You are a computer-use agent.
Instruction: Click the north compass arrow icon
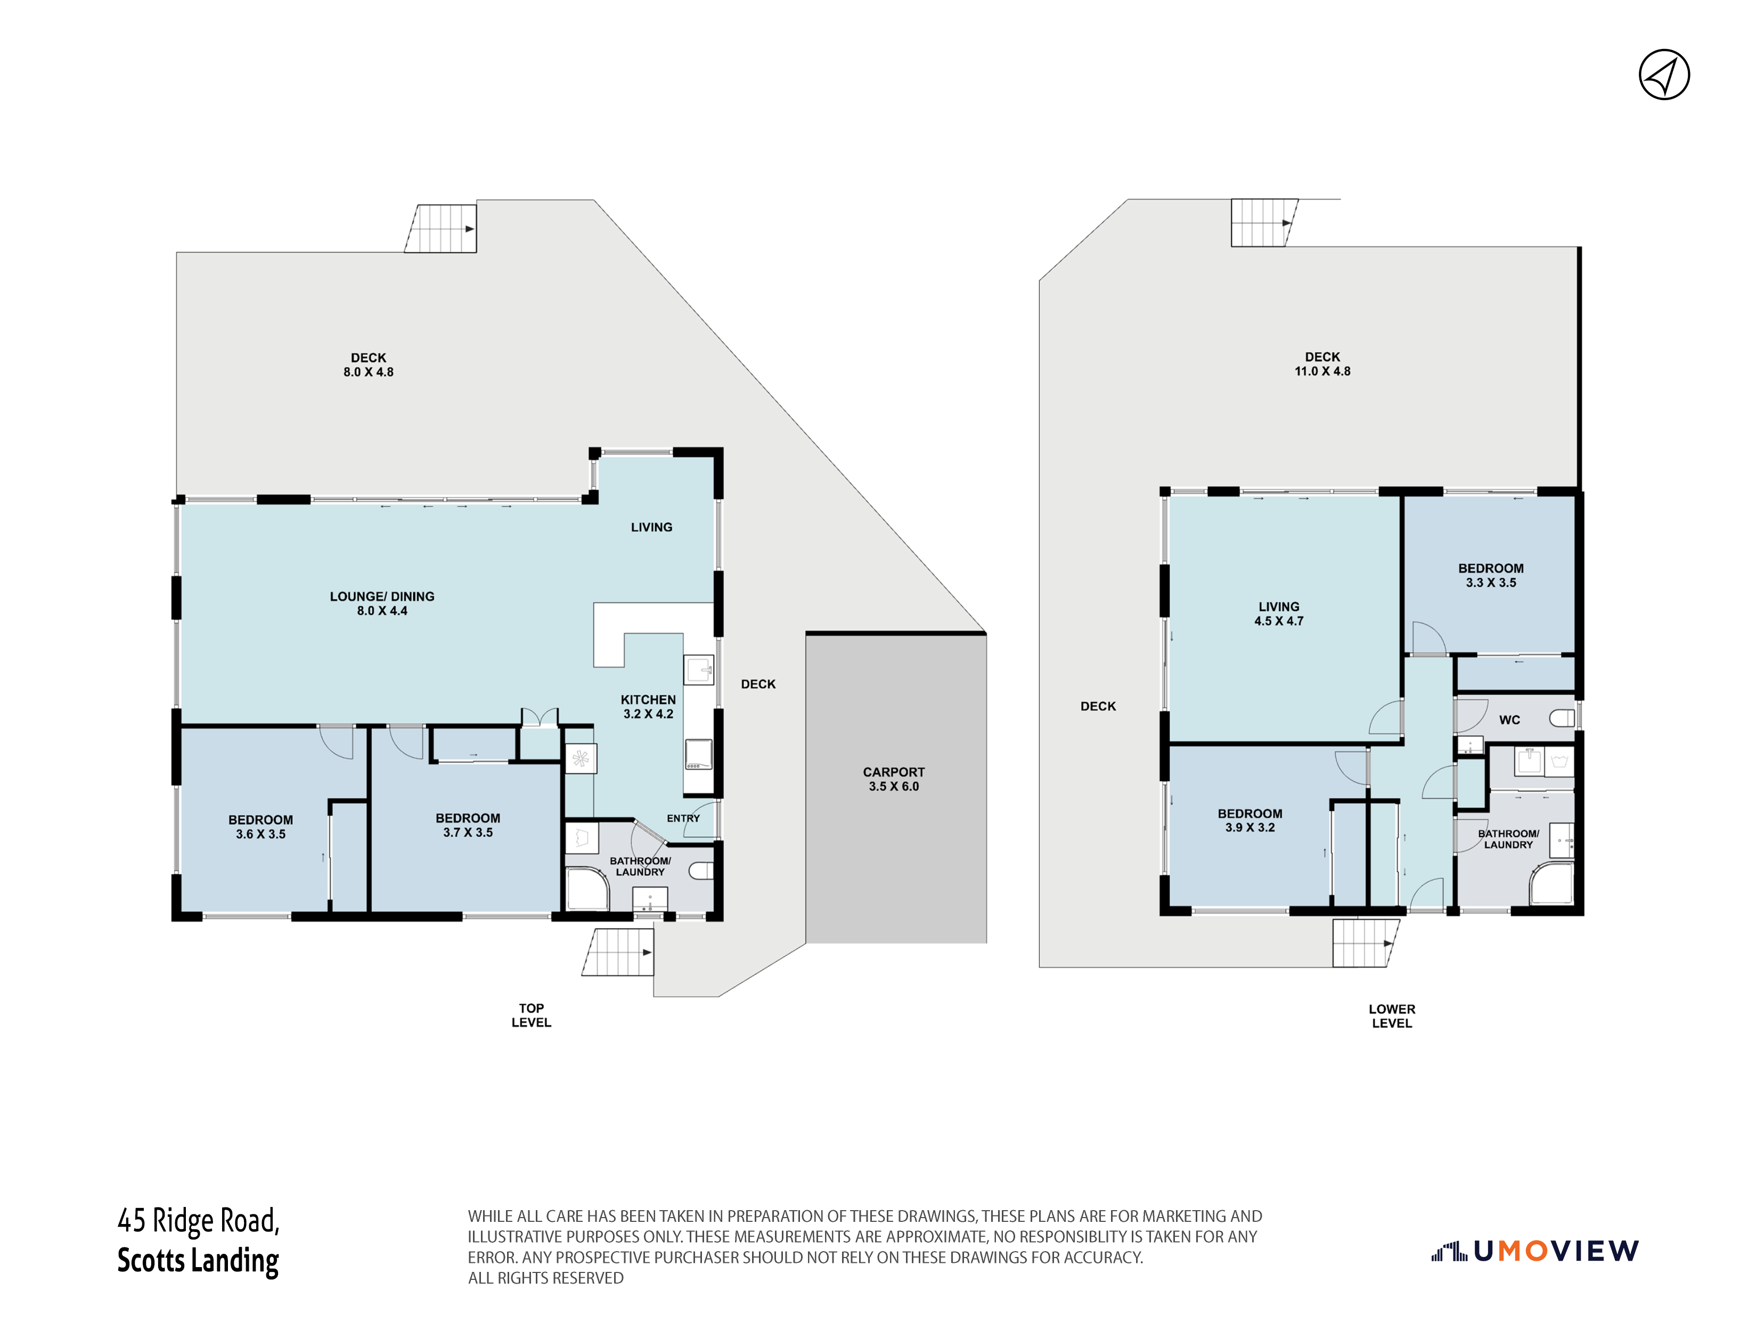click(1664, 75)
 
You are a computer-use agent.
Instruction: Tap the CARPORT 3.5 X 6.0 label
click(894, 778)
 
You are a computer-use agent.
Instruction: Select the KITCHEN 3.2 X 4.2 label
click(648, 706)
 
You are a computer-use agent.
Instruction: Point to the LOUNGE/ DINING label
click(382, 596)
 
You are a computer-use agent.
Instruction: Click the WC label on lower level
click(1509, 720)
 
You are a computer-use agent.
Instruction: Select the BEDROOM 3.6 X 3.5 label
click(260, 826)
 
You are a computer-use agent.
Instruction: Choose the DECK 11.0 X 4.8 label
click(1322, 364)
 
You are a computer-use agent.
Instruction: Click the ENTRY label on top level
click(683, 818)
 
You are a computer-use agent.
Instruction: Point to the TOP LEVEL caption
click(531, 1015)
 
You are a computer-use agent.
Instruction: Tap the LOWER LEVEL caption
click(1392, 1016)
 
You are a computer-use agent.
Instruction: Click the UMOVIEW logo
click(1534, 1252)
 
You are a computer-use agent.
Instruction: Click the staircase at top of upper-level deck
click(440, 228)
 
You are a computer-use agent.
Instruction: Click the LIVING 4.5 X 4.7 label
click(1278, 613)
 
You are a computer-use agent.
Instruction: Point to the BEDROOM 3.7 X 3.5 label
click(468, 825)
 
